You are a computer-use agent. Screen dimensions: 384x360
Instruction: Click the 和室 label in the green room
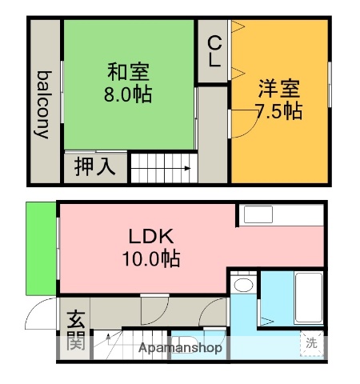pos(128,71)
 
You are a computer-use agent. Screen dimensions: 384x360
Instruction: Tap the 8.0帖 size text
pos(128,94)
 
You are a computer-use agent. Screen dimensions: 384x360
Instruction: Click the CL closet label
pos(214,50)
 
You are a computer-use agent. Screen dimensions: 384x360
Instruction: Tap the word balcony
pos(44,105)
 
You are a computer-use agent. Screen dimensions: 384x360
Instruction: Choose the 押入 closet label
pos(95,167)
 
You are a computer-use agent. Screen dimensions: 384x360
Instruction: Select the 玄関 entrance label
pos(75,330)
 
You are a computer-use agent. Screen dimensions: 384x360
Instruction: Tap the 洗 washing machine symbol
pos(311,343)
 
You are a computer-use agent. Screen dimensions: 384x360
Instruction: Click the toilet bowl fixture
pos(244,285)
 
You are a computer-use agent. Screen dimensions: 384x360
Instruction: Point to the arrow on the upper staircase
pos(184,168)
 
